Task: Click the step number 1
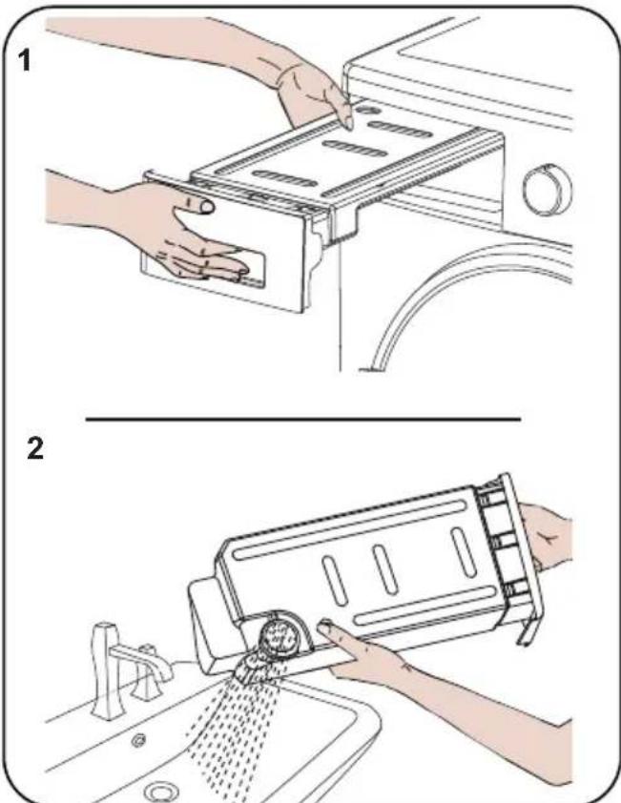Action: [24, 61]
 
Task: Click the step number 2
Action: [35, 448]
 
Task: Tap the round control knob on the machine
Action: [548, 190]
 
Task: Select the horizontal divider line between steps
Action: [303, 419]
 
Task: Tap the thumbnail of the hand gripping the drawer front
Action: [206, 206]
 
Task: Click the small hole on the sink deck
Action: [138, 739]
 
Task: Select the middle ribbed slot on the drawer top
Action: [355, 149]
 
